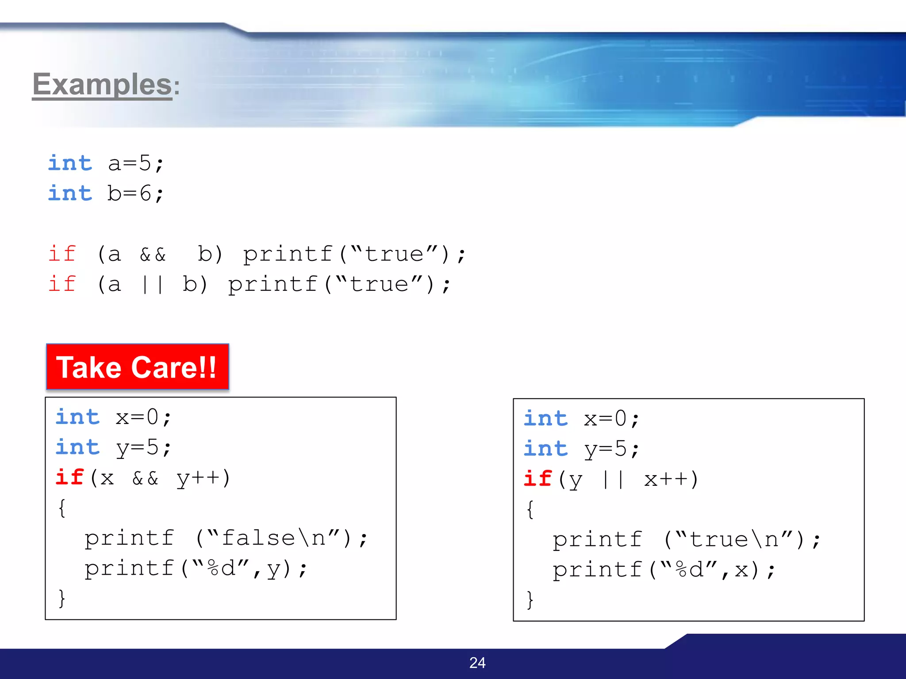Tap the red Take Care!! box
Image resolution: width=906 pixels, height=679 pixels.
click(x=137, y=367)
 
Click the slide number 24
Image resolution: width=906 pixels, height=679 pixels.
click(x=477, y=663)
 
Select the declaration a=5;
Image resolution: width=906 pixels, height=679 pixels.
click(x=136, y=164)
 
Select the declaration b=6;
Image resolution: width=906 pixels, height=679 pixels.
click(x=135, y=194)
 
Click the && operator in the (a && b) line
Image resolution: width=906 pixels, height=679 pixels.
click(x=153, y=255)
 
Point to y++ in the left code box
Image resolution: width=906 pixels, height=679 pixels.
click(x=203, y=478)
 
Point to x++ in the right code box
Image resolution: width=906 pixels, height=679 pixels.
click(x=671, y=480)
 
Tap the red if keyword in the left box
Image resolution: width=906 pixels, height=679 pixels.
click(x=69, y=477)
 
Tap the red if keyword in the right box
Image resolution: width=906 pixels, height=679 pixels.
click(x=537, y=479)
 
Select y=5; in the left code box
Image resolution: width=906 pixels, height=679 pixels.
click(x=143, y=448)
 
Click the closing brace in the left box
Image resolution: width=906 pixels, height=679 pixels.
click(x=62, y=599)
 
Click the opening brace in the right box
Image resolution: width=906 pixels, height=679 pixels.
click(x=530, y=510)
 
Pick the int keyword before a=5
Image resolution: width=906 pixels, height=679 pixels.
click(x=70, y=163)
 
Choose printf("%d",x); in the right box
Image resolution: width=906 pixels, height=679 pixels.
click(x=664, y=570)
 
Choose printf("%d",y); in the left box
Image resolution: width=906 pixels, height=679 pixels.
click(x=196, y=568)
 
